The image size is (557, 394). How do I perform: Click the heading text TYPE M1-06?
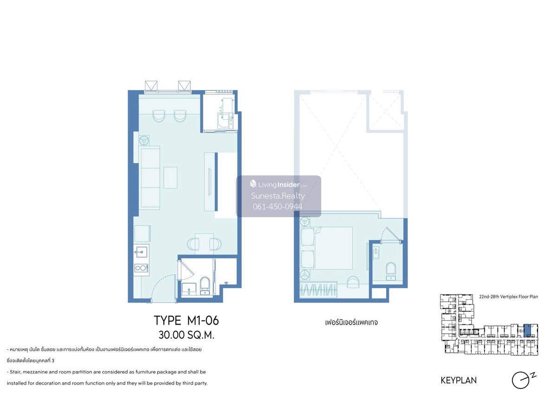coord(186,320)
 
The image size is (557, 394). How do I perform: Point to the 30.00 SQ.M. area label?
coord(186,335)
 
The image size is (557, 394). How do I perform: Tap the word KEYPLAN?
coord(459,381)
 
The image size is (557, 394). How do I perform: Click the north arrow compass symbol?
coord(522,381)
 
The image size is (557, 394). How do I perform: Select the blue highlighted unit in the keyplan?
coord(527,331)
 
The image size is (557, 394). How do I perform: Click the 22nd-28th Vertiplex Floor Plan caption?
coord(509,297)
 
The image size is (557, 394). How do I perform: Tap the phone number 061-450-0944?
coord(278,207)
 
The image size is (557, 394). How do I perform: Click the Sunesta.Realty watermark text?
coord(278,196)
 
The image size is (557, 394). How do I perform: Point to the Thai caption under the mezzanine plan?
coord(351,323)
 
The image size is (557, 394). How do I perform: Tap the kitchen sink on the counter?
coord(141,252)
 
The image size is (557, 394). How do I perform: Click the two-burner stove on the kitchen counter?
coord(141,268)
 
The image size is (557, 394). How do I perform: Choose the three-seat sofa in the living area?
coord(150,178)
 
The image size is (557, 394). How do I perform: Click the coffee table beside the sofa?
coord(170,177)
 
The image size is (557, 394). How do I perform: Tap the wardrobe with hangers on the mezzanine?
coord(318,290)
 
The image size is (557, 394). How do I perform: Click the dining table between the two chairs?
coord(204,244)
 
